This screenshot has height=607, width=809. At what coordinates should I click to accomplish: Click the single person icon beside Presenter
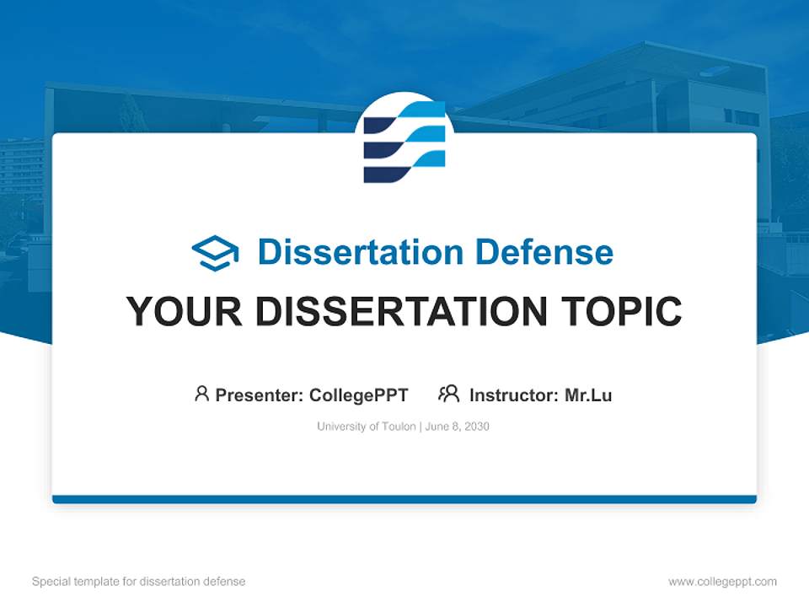pos(201,394)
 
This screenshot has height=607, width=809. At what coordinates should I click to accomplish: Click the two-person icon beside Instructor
pos(448,394)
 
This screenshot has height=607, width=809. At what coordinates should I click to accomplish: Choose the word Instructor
pos(512,395)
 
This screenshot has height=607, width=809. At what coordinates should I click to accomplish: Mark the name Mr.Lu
pos(588,395)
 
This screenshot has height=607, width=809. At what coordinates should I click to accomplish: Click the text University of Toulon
pos(366,427)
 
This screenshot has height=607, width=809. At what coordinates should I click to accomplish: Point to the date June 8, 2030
pos(458,427)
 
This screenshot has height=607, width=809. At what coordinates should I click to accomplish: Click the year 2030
pos(475,427)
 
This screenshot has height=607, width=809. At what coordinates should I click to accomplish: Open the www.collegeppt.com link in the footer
pos(722,582)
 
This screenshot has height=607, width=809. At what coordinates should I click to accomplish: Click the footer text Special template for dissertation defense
pos(139,582)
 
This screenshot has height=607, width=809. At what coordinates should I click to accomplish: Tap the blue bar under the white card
pos(404,499)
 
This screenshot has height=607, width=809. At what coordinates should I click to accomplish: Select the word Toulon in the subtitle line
pos(399,427)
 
